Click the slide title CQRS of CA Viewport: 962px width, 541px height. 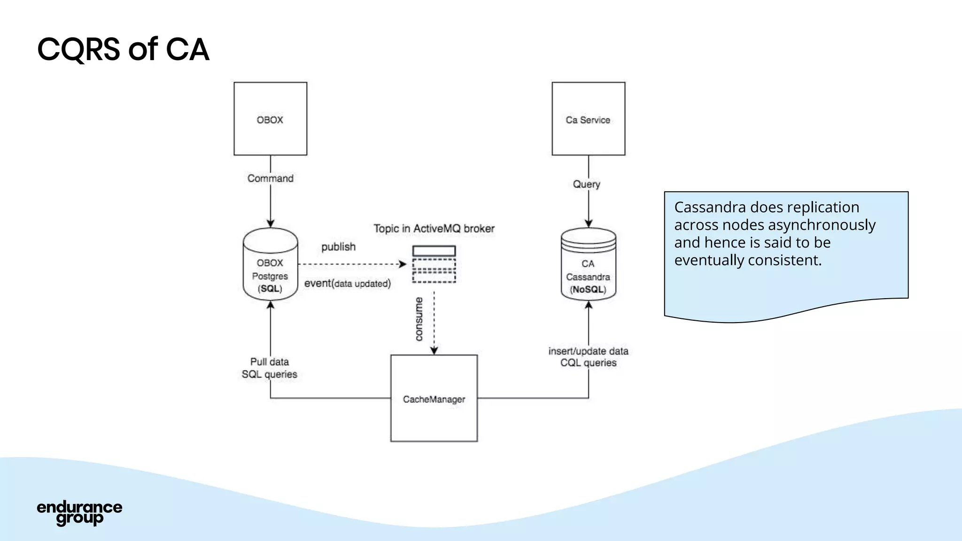click(x=123, y=49)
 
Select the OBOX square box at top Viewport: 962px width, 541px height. click(x=270, y=119)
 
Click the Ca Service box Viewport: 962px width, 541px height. click(x=588, y=119)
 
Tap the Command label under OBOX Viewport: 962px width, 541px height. click(x=270, y=178)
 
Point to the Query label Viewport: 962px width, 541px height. click(x=586, y=184)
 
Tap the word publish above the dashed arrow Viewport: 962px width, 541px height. click(x=338, y=247)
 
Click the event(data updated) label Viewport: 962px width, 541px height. click(x=347, y=284)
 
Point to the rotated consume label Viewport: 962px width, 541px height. click(x=419, y=319)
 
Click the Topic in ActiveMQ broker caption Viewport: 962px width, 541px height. click(x=434, y=229)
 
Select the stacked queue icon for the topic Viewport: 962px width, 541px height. click(x=434, y=264)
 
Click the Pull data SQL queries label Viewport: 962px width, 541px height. click(x=269, y=368)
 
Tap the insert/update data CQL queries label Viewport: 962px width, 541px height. click(x=588, y=357)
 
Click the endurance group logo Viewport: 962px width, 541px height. click(x=79, y=513)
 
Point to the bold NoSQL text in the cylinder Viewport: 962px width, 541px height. click(x=588, y=290)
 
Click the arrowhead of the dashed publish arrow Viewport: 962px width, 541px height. click(x=403, y=264)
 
